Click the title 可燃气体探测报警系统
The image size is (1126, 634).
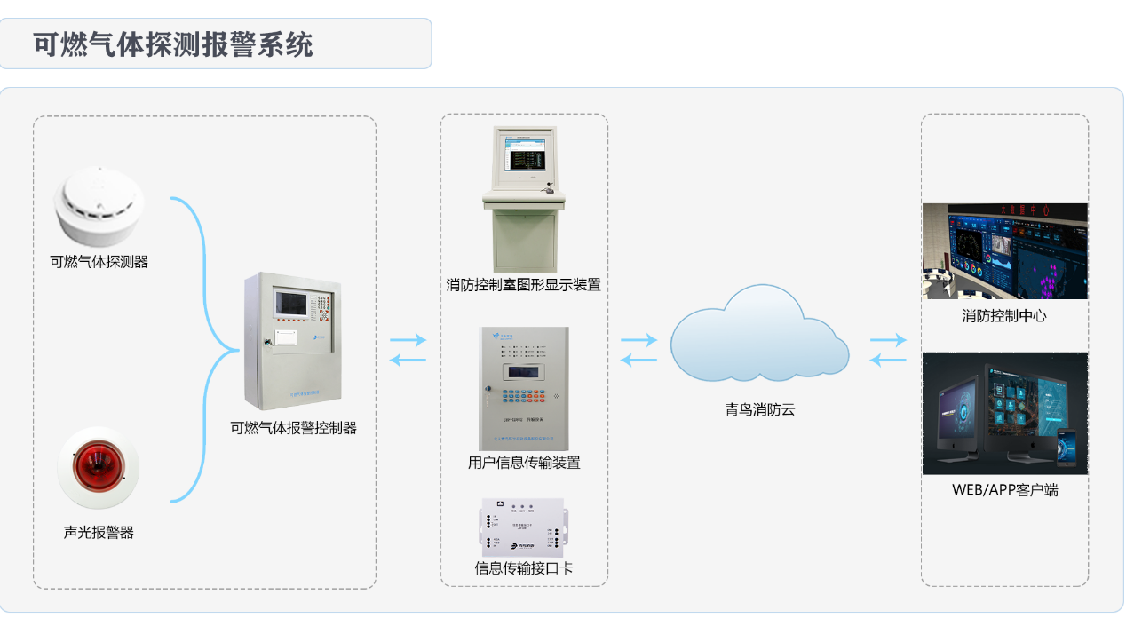point(173,44)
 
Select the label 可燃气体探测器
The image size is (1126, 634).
point(99,262)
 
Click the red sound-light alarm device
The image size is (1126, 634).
point(98,466)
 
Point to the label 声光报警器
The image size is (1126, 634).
point(99,533)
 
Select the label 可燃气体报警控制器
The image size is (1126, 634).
point(293,428)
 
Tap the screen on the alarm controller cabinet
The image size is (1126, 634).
point(289,303)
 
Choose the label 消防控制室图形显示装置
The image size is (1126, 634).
point(524,285)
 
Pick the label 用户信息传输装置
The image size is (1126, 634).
point(524,463)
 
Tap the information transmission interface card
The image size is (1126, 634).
point(523,527)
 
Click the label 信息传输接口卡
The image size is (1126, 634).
point(524,568)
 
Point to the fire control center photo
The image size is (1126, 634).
point(1004,251)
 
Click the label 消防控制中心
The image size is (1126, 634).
point(1004,316)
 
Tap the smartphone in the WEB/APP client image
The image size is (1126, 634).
point(1067,448)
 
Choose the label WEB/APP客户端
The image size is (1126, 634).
point(1004,490)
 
